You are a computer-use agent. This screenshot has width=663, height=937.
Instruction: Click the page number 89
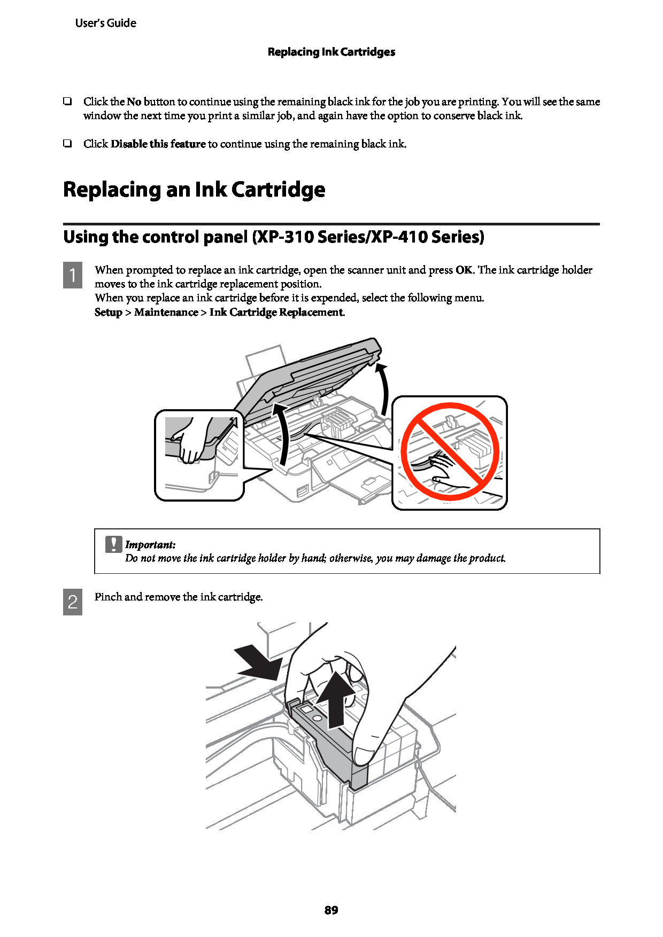[331, 910]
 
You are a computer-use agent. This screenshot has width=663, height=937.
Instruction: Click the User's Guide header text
[105, 23]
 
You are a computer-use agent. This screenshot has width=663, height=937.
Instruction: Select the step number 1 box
[73, 275]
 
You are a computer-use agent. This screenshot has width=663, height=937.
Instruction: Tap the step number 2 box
[73, 602]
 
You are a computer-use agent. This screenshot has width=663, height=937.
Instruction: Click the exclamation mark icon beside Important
[113, 544]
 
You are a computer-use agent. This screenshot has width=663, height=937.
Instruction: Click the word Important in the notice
[150, 545]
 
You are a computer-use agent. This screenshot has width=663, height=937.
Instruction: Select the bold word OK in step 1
[464, 270]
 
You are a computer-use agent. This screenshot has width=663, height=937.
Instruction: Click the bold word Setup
[109, 313]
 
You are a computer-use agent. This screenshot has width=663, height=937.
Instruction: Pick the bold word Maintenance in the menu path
[166, 312]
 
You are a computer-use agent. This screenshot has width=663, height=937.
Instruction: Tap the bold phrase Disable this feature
[158, 144]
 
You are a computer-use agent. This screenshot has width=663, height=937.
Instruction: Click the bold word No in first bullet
[134, 101]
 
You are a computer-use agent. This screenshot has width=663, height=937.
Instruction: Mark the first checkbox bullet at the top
[67, 100]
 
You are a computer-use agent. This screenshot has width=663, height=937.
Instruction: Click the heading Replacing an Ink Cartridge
[194, 190]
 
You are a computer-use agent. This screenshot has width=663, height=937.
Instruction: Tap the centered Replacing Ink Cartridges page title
[331, 52]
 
